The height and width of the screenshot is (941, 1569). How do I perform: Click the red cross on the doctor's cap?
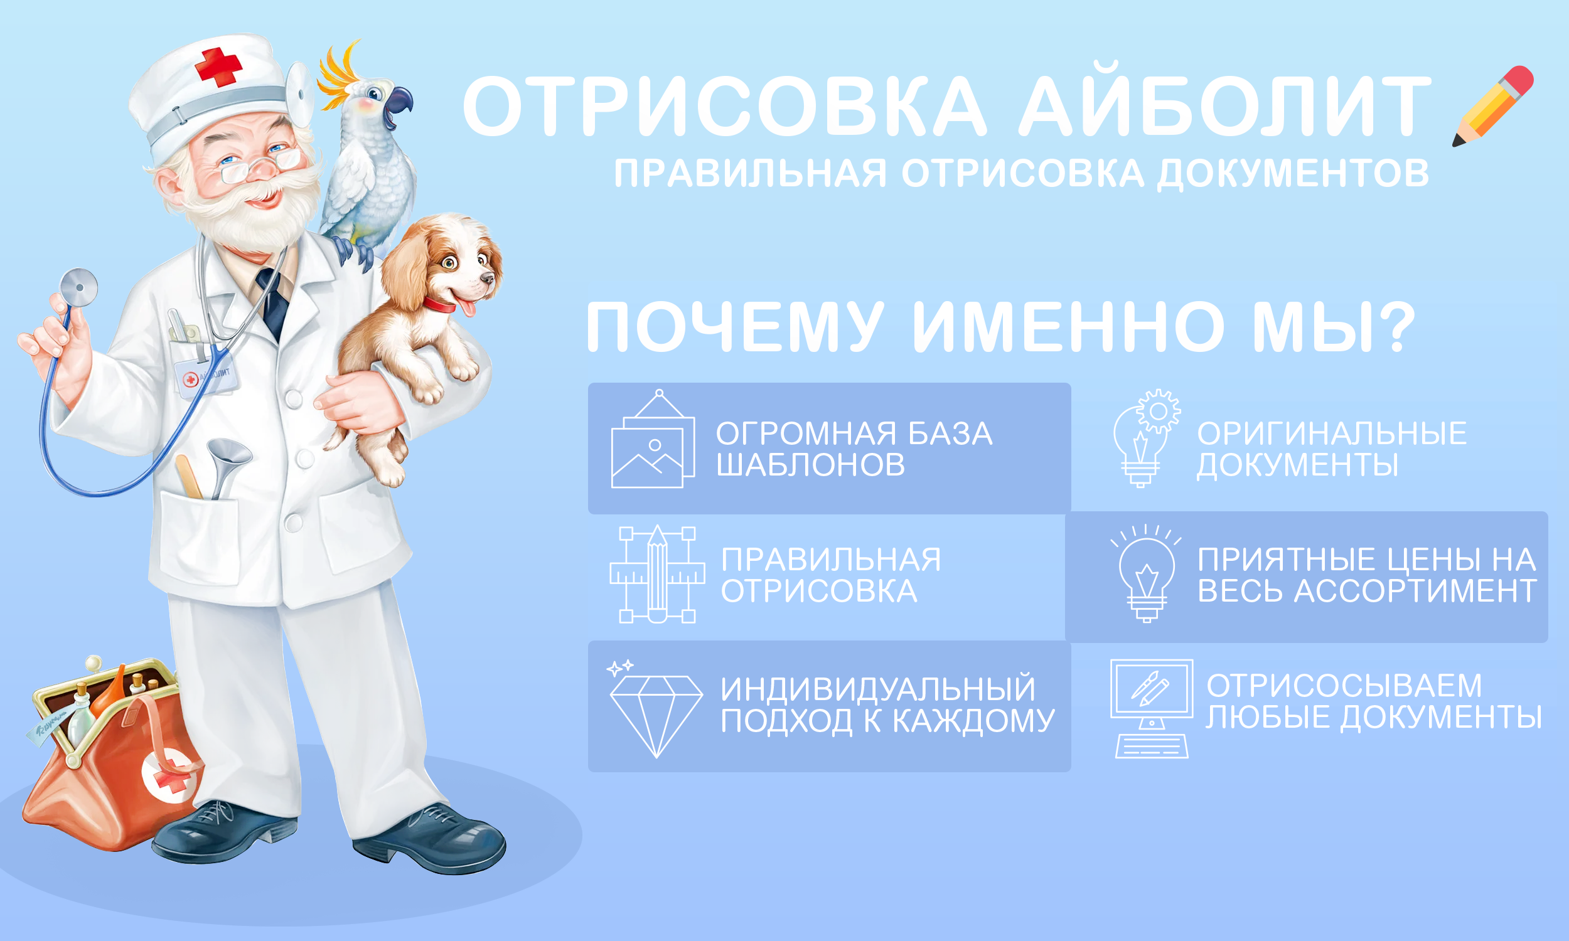coord(218,66)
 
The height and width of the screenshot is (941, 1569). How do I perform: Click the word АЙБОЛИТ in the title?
coord(1224,106)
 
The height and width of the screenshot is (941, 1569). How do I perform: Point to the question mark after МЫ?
coord(1393,327)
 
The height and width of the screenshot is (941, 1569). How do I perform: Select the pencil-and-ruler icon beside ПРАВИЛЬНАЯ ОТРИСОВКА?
coord(657,575)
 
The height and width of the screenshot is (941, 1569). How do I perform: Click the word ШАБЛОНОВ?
coord(810,465)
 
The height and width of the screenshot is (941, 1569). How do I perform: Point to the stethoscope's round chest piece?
coord(78,288)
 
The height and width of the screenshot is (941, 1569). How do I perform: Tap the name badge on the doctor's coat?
coord(206,378)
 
